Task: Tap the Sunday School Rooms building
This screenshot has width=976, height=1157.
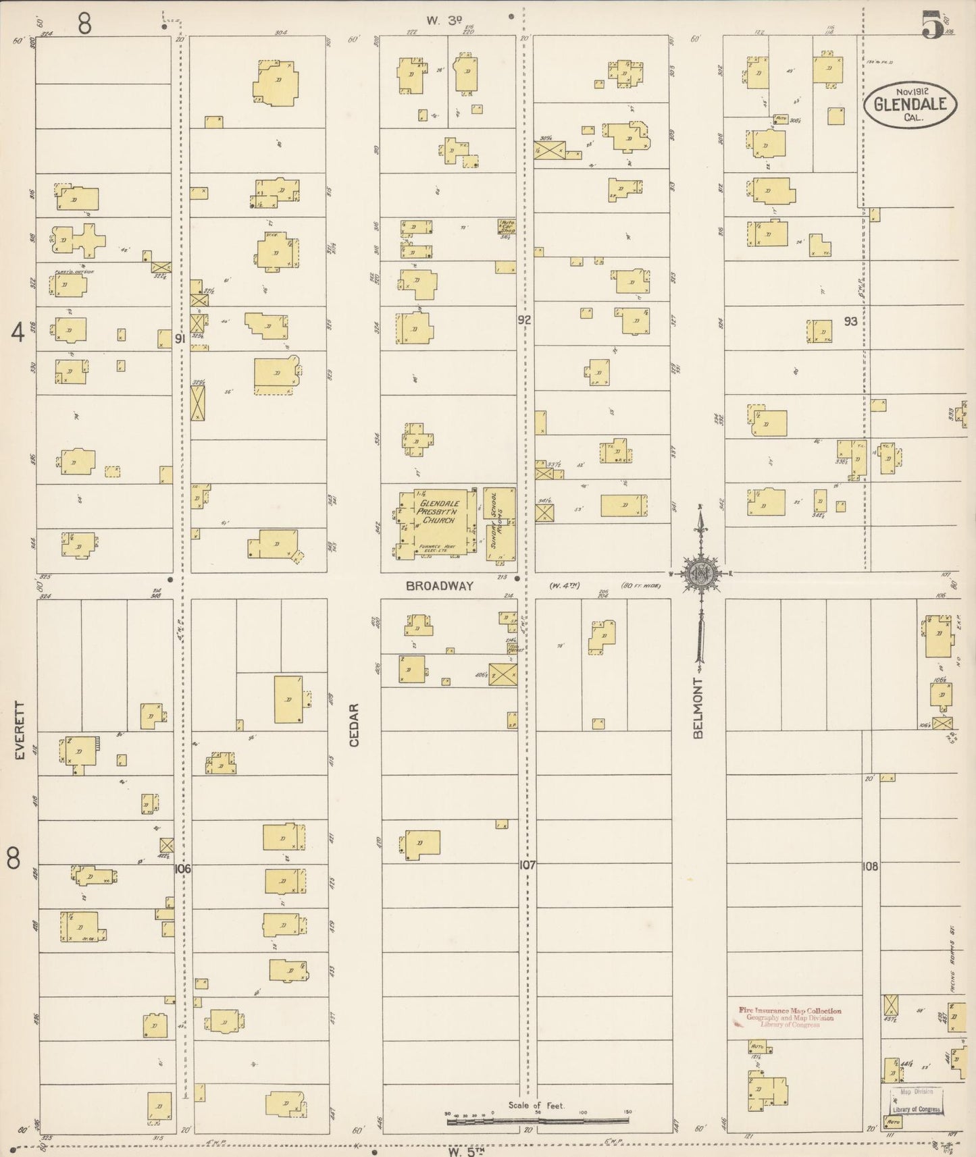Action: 500,523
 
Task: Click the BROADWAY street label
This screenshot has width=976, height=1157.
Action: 440,587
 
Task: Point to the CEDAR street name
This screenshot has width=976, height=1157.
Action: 354,725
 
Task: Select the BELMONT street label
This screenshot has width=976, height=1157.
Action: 698,708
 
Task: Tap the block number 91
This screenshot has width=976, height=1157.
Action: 179,340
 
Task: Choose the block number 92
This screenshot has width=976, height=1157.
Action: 524,320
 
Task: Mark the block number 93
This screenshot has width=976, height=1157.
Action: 850,322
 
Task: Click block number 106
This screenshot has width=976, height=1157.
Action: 182,869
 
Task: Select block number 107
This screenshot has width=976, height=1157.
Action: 527,865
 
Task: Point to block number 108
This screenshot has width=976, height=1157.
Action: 870,867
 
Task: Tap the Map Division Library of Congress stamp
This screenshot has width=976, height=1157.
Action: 916,1100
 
